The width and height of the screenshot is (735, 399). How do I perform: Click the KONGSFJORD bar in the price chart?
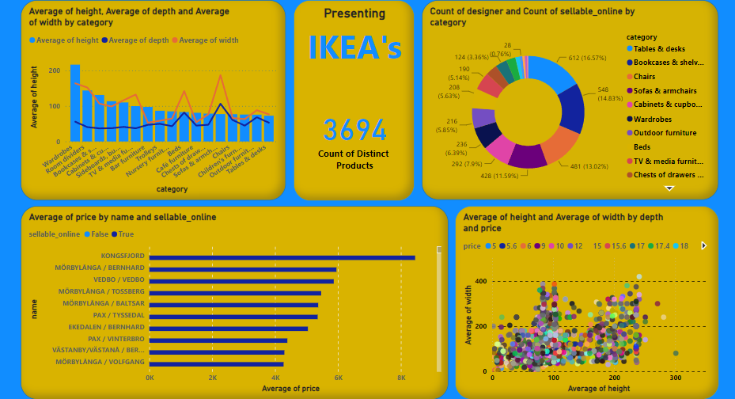pyautogui.click(x=282, y=257)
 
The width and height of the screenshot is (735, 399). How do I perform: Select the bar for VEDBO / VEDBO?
pyautogui.click(x=241, y=281)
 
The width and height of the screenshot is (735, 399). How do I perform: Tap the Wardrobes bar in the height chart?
pyautogui.click(x=75, y=103)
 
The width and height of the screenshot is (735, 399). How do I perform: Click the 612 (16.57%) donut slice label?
pyautogui.click(x=567, y=57)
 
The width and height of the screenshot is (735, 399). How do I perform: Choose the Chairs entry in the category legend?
pyautogui.click(x=644, y=76)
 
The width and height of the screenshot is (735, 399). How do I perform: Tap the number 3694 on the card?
pyautogui.click(x=354, y=131)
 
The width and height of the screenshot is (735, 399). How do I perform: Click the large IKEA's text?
pyautogui.click(x=354, y=48)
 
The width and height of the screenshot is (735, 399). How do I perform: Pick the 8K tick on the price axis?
pyautogui.click(x=401, y=378)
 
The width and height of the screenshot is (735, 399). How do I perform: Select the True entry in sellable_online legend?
pyautogui.click(x=123, y=234)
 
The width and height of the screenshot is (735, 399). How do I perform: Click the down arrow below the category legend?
pyautogui.click(x=669, y=188)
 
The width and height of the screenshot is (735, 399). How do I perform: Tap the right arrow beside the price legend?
pyautogui.click(x=704, y=245)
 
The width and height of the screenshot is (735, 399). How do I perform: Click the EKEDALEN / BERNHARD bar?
pyautogui.click(x=229, y=328)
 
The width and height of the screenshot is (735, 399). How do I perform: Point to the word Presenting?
pyautogui.click(x=354, y=13)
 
